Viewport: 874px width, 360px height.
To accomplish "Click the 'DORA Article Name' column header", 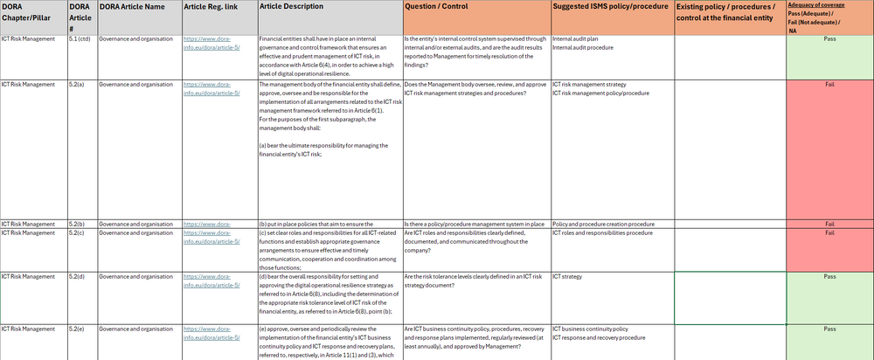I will point(131,6).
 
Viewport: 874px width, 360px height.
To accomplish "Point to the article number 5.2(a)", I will point(77,84).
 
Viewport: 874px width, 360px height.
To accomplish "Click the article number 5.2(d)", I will point(77,276).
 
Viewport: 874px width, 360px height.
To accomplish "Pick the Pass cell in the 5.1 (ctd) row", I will point(830,39).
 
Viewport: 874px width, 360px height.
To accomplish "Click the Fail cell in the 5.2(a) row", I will point(830,84).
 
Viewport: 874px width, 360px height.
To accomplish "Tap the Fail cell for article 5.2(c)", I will point(830,233).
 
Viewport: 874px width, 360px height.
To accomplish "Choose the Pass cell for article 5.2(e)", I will point(830,329).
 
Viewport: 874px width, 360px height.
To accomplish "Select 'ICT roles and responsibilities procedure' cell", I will point(603,233).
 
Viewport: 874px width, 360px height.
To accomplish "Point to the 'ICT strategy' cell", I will point(567,276).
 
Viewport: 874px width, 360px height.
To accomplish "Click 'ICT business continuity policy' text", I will point(590,329).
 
